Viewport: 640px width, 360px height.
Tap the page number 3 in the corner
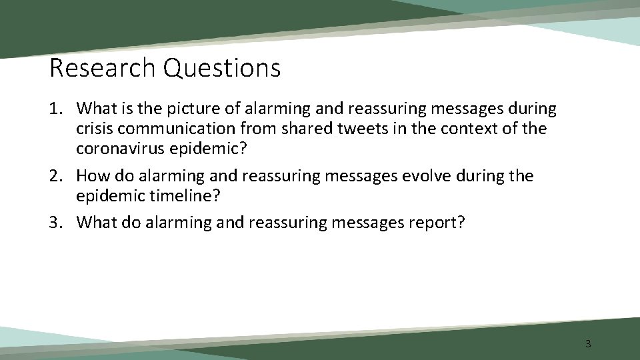coord(587,344)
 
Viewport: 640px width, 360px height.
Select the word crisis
coord(96,128)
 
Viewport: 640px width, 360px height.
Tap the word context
coord(467,128)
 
